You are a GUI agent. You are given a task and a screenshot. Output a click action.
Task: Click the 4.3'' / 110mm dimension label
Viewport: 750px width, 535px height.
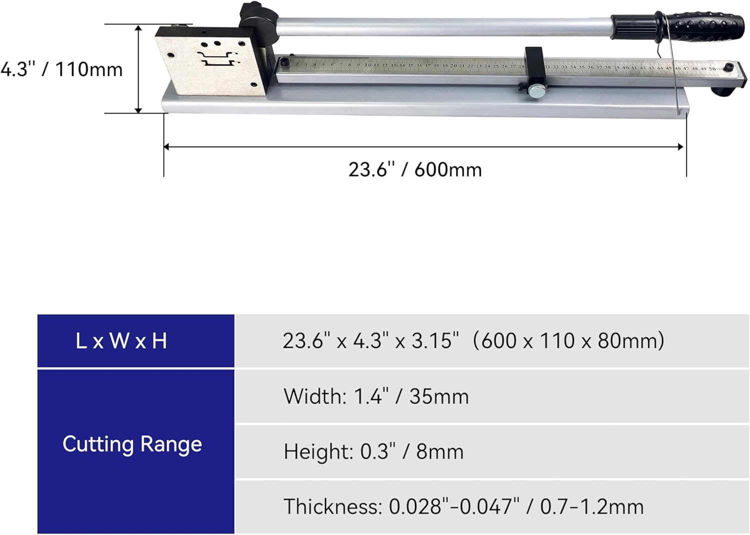(61, 69)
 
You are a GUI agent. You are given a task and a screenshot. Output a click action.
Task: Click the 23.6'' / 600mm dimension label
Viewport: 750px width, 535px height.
(415, 169)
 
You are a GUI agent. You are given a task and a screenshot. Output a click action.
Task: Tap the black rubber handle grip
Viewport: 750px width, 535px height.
(702, 26)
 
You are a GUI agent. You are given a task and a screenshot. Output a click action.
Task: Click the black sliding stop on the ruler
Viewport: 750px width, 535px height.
(533, 65)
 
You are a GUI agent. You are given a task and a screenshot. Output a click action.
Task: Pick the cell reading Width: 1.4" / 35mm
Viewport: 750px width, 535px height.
(376, 396)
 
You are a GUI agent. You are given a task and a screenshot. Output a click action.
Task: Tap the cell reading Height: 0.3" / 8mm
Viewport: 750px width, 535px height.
(373, 451)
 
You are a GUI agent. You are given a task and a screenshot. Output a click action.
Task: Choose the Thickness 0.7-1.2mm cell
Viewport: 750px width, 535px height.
(463, 506)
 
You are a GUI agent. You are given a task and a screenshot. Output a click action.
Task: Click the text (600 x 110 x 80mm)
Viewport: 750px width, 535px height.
(568, 341)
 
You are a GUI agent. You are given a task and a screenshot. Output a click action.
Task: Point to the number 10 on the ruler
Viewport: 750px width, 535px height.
(367, 64)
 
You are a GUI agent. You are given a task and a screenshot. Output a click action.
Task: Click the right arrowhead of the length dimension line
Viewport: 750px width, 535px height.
(681, 146)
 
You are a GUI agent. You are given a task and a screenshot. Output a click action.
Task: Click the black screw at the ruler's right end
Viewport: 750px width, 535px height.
(729, 66)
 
